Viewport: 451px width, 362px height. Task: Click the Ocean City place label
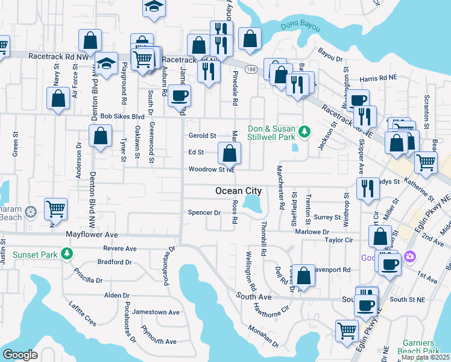tap(239, 191)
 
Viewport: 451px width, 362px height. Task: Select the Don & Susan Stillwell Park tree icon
tap(305, 131)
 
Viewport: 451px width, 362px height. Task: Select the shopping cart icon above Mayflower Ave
tap(55, 209)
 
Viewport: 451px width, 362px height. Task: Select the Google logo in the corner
tap(20, 355)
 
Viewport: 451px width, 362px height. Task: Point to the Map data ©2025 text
tap(425, 357)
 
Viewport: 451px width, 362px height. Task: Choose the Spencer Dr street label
tap(204, 212)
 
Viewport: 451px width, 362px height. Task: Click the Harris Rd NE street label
tap(376, 78)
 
